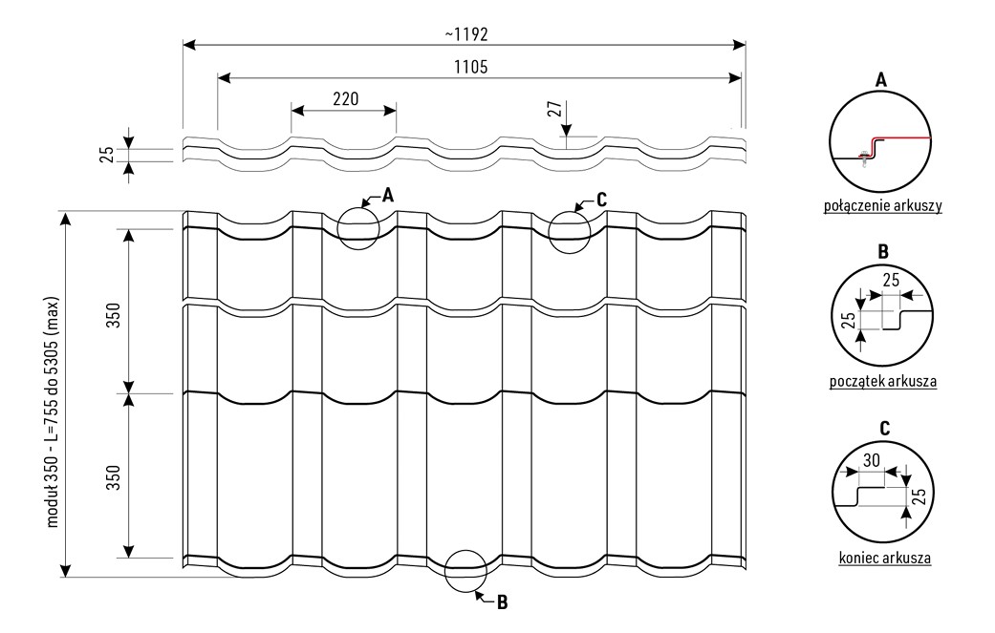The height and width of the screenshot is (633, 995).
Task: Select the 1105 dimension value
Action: point(471,67)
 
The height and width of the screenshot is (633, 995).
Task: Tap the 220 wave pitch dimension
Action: point(345,99)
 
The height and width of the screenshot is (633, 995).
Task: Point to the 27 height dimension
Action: point(556,110)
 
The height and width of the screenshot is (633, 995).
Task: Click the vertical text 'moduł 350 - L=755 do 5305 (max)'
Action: point(52,411)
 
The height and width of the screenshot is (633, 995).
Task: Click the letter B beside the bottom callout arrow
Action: point(502,602)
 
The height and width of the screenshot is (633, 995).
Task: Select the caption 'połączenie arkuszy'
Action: point(882,205)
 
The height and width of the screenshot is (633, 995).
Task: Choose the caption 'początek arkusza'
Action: point(882,382)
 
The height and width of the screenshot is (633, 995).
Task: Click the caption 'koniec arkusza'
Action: point(884,559)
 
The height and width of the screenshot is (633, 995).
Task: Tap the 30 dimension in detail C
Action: point(872,460)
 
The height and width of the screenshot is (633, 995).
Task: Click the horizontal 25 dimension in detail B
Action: point(891,280)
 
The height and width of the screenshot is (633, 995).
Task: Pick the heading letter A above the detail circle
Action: point(880,79)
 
